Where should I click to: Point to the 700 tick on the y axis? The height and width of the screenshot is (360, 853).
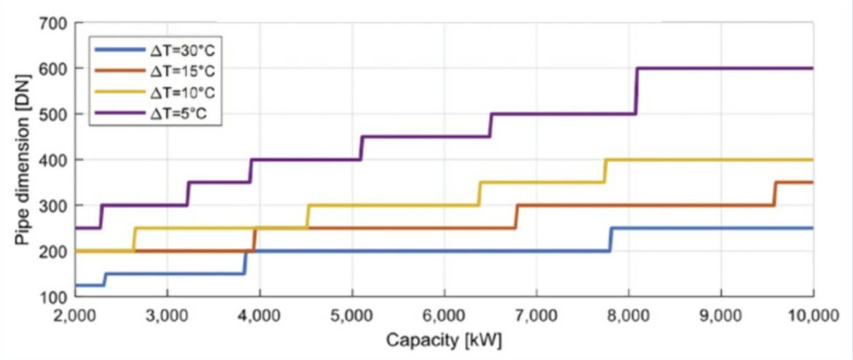(x=59, y=24)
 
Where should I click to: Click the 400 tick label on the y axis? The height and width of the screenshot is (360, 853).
(x=59, y=160)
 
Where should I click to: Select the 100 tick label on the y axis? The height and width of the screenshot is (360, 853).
(x=59, y=297)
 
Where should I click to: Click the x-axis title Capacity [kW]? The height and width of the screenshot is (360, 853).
(x=444, y=340)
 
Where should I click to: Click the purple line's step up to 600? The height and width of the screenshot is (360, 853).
(x=636, y=91)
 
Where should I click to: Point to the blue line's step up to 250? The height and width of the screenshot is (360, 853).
(x=611, y=240)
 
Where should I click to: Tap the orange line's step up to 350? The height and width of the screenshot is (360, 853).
(x=774, y=194)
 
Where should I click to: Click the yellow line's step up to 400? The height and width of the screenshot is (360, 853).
(x=605, y=171)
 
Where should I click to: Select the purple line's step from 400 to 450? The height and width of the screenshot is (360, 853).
(x=362, y=148)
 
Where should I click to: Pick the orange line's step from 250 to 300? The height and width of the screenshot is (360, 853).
(x=516, y=216)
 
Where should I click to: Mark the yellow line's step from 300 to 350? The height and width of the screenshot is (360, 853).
(x=479, y=194)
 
